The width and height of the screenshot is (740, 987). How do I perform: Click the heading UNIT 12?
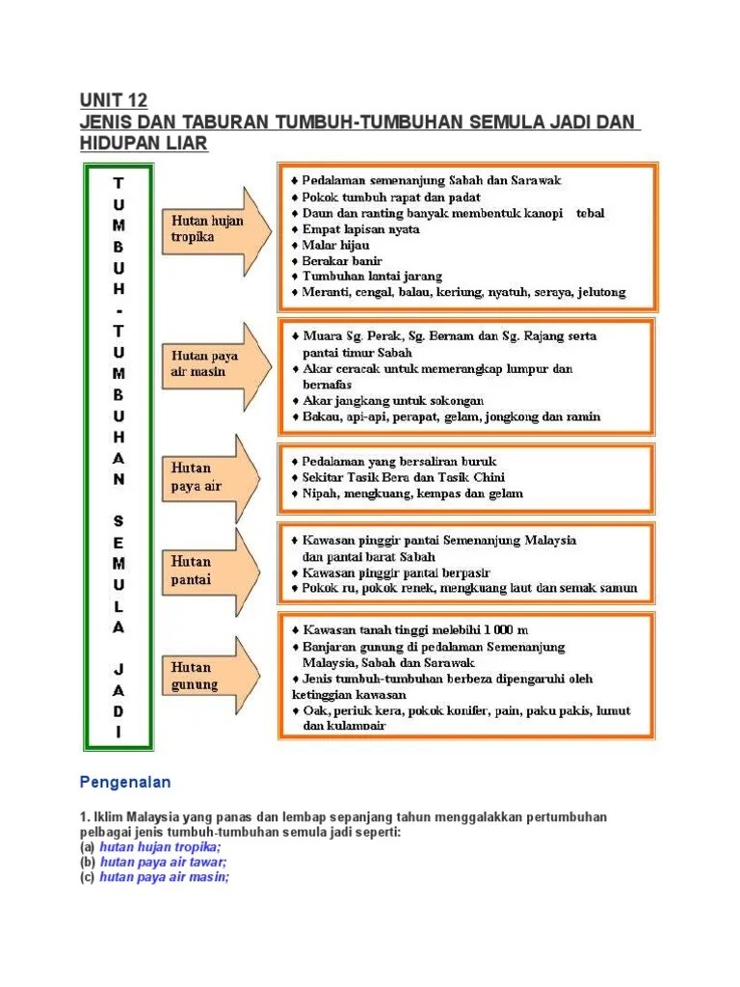tap(113, 101)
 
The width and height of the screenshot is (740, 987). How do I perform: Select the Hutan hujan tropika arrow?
tap(212, 227)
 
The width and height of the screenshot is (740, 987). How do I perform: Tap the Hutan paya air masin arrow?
tap(212, 363)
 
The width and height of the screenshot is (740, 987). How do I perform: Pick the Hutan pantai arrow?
tap(212, 571)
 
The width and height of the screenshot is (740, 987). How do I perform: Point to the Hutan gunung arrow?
tap(212, 677)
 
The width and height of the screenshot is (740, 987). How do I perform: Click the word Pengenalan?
tap(123, 783)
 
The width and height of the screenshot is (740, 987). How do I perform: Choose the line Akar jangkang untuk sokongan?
tap(393, 400)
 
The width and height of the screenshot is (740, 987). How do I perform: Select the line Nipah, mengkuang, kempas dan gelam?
tap(412, 493)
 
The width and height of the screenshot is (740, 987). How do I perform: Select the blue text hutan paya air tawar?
tap(163, 863)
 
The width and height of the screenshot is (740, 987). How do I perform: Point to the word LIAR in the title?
tap(183, 144)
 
